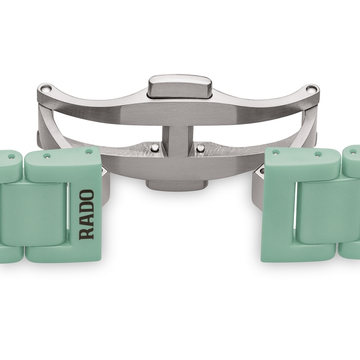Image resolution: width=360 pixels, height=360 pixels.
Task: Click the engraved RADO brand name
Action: click(x=86, y=215)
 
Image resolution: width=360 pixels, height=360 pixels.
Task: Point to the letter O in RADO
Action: click(x=86, y=195)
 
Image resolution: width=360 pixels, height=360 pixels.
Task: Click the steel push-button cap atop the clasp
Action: click(x=180, y=86)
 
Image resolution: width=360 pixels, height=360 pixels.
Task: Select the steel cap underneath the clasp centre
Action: click(x=177, y=185)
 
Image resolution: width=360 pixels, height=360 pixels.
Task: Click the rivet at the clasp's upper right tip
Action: click(x=311, y=89)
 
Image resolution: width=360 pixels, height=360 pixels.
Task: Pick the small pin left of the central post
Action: click(x=155, y=147)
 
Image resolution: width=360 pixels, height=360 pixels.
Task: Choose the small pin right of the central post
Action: click(x=200, y=148)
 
